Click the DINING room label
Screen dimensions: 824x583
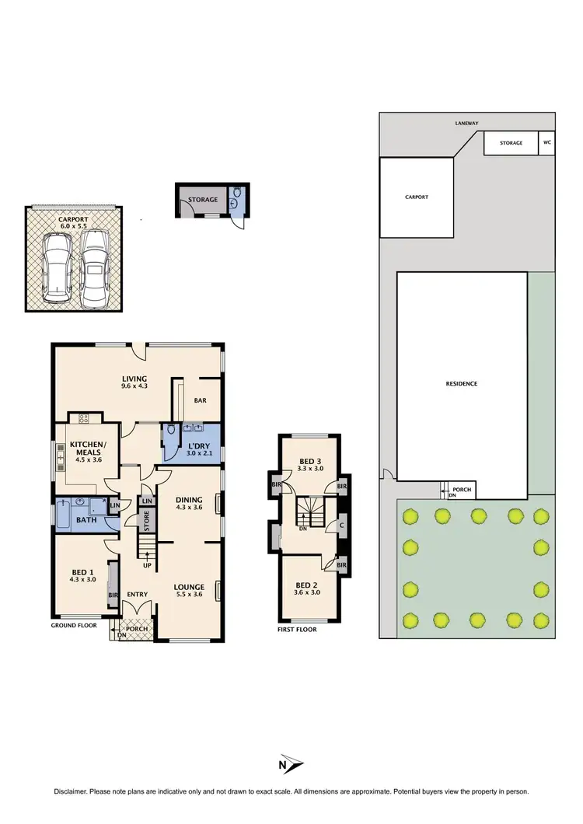189,500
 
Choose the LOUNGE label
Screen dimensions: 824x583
189,588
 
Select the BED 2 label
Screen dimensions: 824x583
308,585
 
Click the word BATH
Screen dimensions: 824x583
87,518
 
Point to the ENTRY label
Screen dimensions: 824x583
138,595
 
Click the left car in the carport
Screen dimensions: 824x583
56,269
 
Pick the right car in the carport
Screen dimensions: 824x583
94,266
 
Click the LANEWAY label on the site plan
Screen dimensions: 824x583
467,123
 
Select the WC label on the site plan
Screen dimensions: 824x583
547,143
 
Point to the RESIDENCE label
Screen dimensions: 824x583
462,384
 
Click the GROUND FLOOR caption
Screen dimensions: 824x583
75,625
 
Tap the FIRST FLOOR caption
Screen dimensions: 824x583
297,630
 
